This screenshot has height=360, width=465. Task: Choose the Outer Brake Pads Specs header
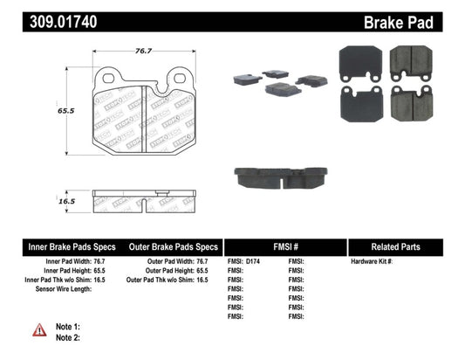173,246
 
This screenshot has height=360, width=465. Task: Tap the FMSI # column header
286,246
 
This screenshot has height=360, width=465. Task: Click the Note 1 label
69,326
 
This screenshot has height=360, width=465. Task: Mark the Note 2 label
69,337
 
